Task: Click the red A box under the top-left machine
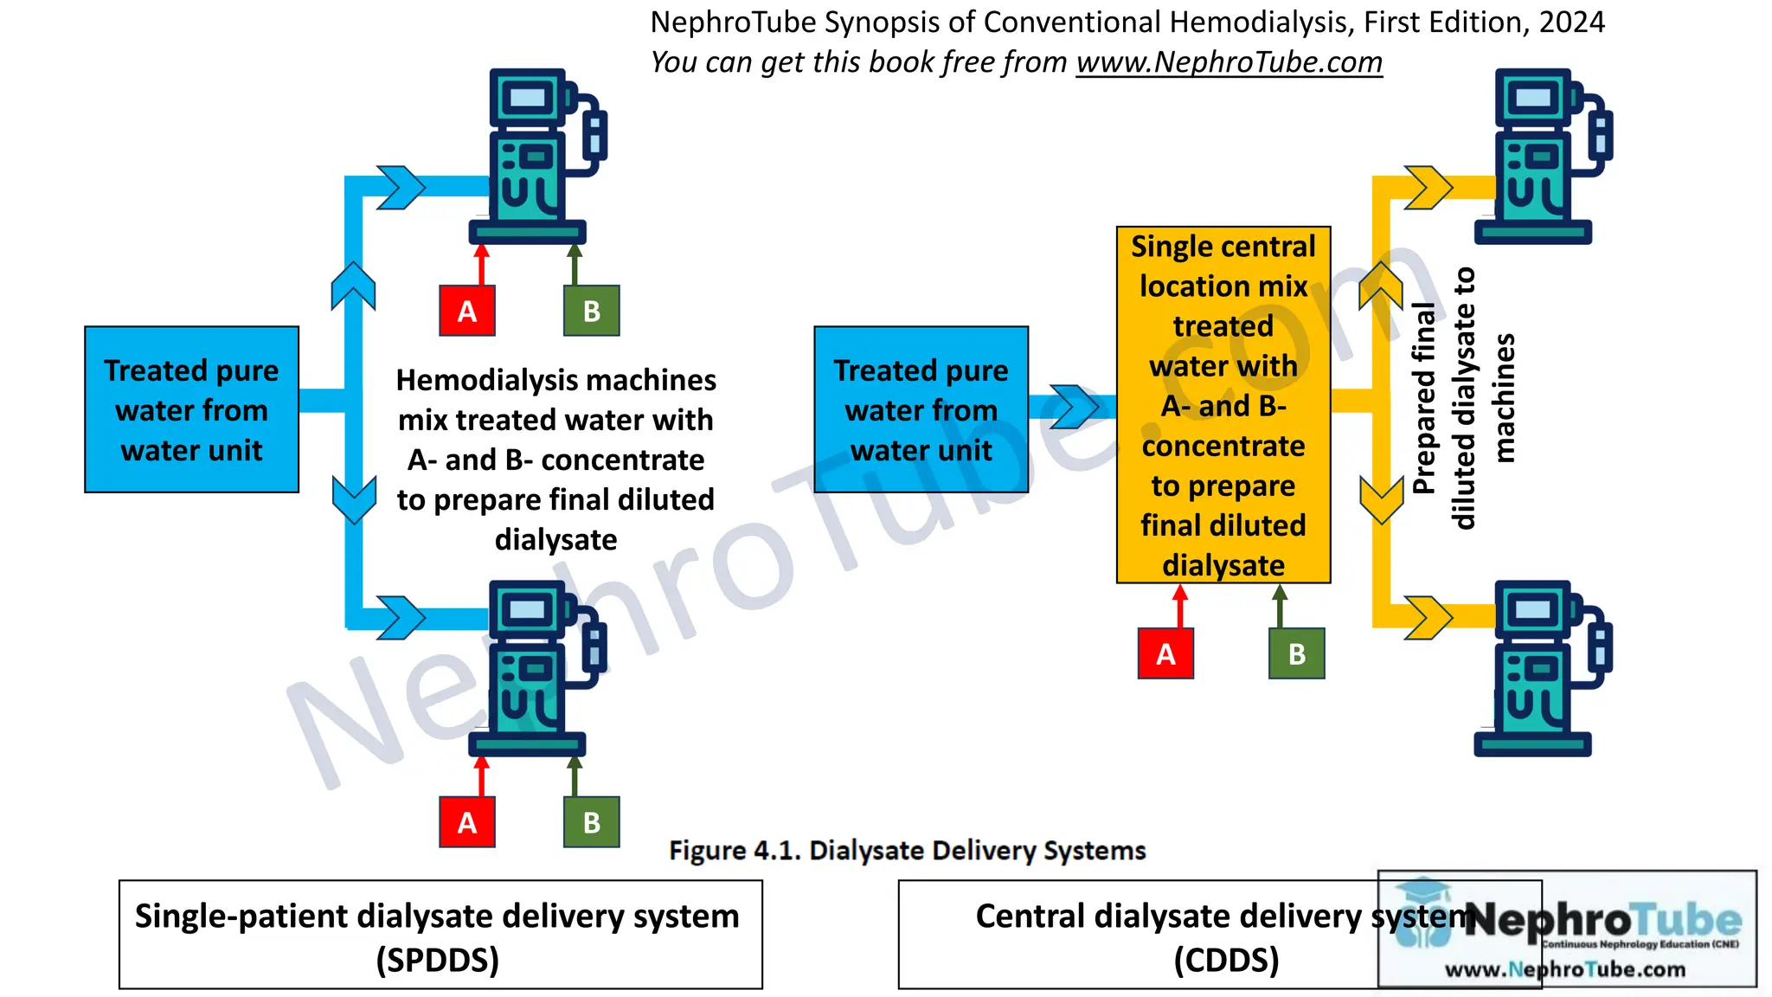point(467,311)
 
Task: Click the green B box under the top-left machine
point(591,311)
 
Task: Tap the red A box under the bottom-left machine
point(467,822)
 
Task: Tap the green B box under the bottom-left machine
point(591,822)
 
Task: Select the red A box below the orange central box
point(1165,653)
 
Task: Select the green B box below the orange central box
point(1296,653)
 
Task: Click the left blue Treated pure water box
point(191,409)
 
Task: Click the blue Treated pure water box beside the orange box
point(921,409)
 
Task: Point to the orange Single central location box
point(1223,405)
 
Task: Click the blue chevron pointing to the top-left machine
point(401,188)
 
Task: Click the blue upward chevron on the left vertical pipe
point(353,286)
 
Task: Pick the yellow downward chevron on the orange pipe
point(1381,499)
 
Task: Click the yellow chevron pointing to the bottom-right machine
point(1428,618)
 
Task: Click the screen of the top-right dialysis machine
point(1533,98)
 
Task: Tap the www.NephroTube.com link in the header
point(1229,62)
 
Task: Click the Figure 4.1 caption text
point(907,851)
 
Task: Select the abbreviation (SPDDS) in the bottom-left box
point(438,960)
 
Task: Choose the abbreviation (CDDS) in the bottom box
point(1226,960)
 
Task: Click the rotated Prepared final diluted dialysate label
point(1462,398)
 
